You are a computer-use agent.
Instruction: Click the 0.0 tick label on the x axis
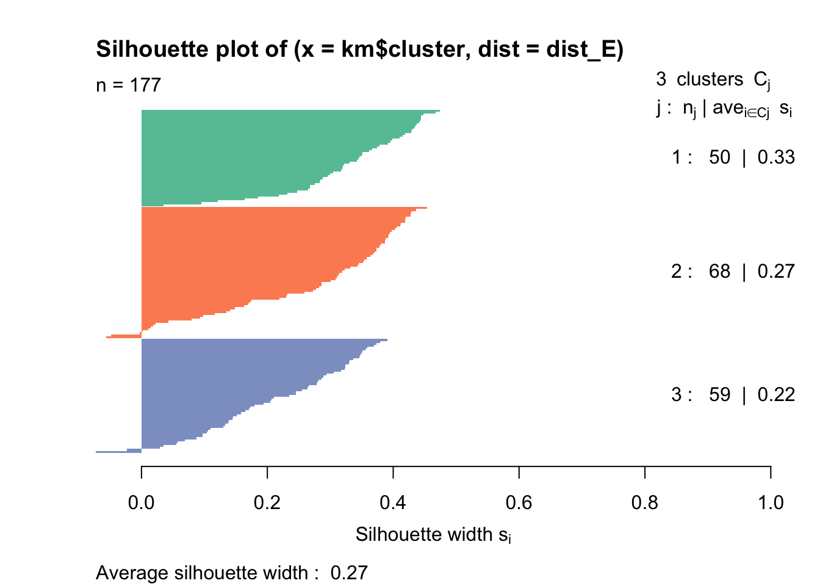click(142, 502)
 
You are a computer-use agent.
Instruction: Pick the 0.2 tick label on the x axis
click(267, 502)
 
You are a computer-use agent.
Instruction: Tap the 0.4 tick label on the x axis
click(393, 502)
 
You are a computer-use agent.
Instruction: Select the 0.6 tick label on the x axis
click(519, 502)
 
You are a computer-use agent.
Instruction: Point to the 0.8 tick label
click(645, 502)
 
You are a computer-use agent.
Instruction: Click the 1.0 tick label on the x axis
click(771, 502)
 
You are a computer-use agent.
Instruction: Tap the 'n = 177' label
click(128, 85)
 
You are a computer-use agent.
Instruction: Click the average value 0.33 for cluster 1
click(775, 157)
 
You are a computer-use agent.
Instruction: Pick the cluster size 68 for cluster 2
click(719, 271)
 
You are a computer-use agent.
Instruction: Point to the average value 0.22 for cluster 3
click(775, 395)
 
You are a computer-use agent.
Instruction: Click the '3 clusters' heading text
click(699, 79)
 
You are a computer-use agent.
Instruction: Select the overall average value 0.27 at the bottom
click(349, 573)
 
